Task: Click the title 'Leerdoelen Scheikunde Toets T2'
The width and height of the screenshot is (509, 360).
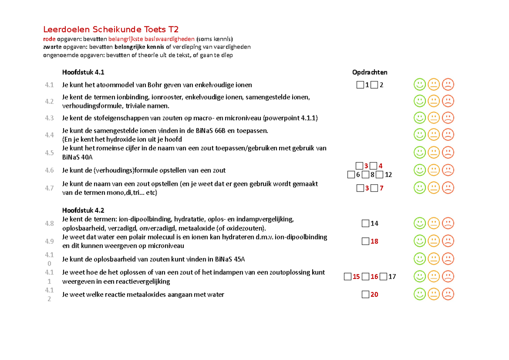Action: pyautogui.click(x=111, y=29)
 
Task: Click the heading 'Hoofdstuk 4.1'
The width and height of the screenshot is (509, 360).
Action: pyautogui.click(x=83, y=72)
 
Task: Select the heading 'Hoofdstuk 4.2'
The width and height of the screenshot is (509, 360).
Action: pyautogui.click(x=83, y=211)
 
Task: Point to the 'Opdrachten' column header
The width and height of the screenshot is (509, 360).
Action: pyautogui.click(x=369, y=72)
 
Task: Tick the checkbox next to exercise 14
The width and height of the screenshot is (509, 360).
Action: pyautogui.click(x=365, y=223)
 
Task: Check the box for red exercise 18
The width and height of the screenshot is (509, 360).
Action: pyautogui.click(x=365, y=241)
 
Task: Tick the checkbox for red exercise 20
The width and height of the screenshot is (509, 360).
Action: pyautogui.click(x=365, y=294)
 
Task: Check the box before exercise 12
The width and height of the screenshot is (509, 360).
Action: pyautogui.click(x=379, y=174)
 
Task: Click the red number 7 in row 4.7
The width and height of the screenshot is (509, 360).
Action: pyautogui.click(x=381, y=188)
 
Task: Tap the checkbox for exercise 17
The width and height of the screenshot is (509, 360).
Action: pyautogui.click(x=383, y=277)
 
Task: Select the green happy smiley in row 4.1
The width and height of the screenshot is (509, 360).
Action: pyautogui.click(x=420, y=84)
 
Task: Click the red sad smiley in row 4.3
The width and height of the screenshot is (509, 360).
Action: pyautogui.click(x=447, y=118)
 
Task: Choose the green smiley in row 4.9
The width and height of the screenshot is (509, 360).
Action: pyautogui.click(x=420, y=241)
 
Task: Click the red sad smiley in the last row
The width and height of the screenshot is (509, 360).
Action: pyautogui.click(x=447, y=294)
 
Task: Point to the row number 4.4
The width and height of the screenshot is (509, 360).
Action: pyautogui.click(x=49, y=135)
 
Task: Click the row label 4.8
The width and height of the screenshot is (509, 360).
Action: pyautogui.click(x=49, y=223)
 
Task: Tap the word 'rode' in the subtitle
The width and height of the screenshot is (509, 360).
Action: pyautogui.click(x=50, y=39)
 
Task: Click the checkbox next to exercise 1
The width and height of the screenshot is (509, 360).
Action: pyautogui.click(x=360, y=85)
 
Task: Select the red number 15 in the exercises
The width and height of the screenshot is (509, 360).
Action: pyautogui.click(x=356, y=277)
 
